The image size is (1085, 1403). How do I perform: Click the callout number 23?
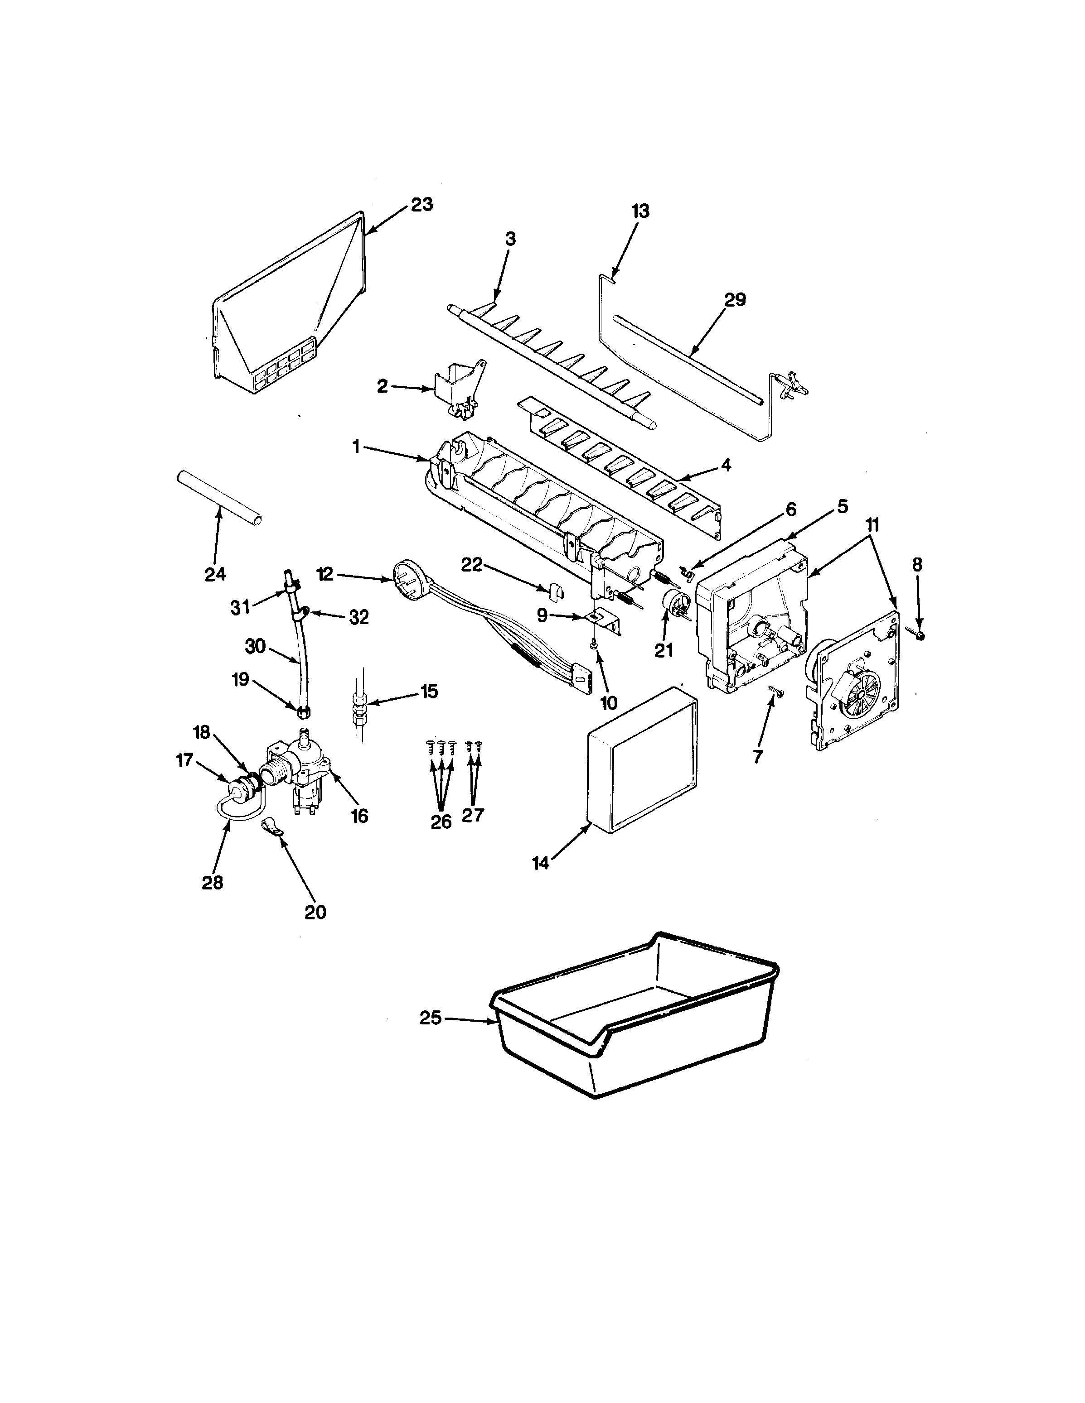(x=422, y=205)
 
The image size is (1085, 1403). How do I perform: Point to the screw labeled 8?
(x=919, y=635)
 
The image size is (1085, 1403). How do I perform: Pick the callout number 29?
(x=735, y=300)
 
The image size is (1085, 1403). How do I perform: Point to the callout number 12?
(x=325, y=574)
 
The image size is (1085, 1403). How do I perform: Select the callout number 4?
(x=727, y=465)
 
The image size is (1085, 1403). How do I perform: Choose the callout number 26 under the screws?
(x=441, y=822)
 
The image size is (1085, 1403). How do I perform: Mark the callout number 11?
(x=872, y=525)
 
